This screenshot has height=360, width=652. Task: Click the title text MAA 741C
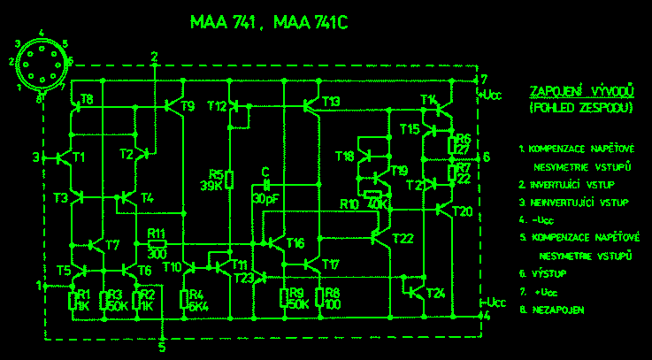(311, 24)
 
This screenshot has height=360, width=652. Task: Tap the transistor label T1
(79, 157)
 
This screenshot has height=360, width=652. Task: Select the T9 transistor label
(187, 107)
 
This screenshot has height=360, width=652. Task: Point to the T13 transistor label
(331, 102)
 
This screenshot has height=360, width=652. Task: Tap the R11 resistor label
(157, 233)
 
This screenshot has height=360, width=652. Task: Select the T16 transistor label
(295, 242)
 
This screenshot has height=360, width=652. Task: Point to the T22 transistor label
(403, 237)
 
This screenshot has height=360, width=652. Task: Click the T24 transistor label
(434, 293)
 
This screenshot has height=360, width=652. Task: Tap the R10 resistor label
(350, 204)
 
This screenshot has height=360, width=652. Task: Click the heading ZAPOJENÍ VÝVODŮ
(580, 92)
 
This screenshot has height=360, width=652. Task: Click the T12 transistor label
(216, 106)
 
